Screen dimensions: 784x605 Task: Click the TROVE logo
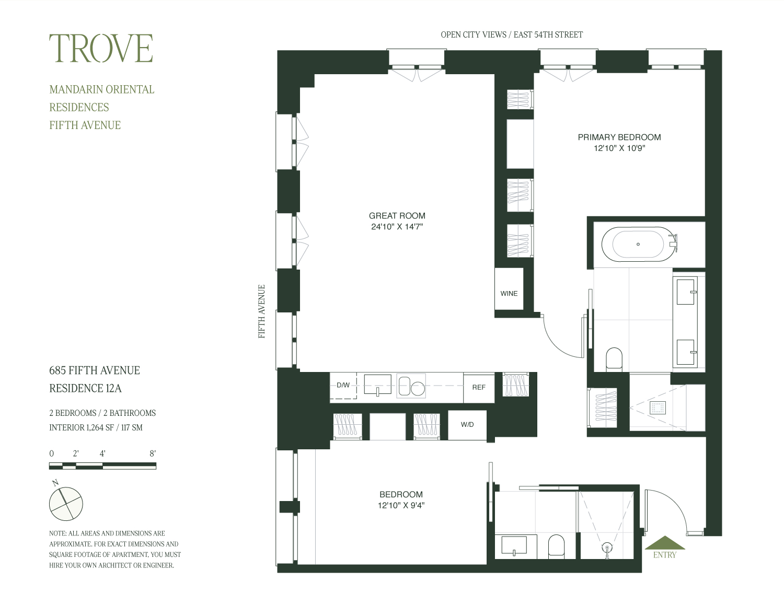click(x=101, y=48)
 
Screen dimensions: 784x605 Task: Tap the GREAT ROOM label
click(x=397, y=216)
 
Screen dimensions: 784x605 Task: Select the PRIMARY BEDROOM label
click(x=619, y=137)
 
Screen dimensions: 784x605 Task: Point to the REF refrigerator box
click(x=479, y=387)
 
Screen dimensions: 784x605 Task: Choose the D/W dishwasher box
click(x=343, y=386)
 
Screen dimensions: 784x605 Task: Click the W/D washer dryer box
click(x=467, y=425)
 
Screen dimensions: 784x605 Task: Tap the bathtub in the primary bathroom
click(x=638, y=244)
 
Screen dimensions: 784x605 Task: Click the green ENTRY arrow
click(x=665, y=543)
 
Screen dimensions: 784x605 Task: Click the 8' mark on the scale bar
click(x=153, y=453)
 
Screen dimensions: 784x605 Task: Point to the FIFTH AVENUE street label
click(x=261, y=311)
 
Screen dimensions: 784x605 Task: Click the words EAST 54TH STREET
click(x=548, y=34)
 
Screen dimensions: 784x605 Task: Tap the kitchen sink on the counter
click(x=377, y=385)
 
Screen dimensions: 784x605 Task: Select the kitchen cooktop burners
click(x=411, y=386)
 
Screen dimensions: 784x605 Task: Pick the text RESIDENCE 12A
click(x=85, y=388)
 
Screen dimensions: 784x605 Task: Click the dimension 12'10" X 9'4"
click(x=401, y=506)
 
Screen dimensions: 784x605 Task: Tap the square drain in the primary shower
click(x=658, y=408)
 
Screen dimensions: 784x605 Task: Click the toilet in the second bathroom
click(x=556, y=546)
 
